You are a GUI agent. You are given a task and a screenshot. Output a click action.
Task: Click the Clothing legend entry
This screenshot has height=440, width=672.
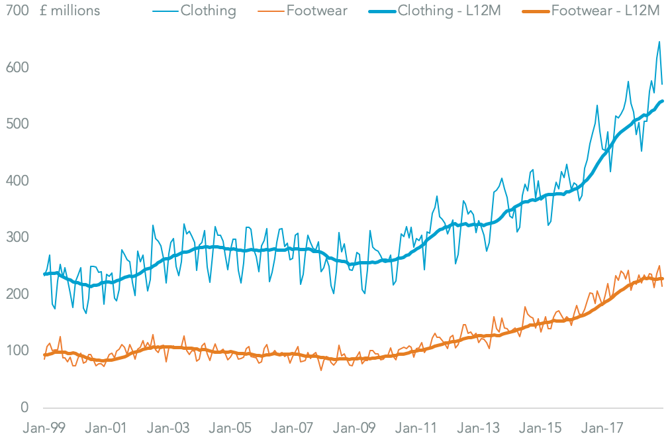click(x=208, y=11)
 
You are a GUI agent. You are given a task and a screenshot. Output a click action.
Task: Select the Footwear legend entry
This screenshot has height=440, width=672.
click(x=317, y=11)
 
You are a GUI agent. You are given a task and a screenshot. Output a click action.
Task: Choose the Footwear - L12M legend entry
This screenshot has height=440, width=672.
click(x=604, y=11)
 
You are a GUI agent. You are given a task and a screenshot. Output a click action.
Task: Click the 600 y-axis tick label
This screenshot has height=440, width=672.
click(x=19, y=68)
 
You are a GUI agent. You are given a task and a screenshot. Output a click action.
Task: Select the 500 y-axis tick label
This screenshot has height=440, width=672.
click(x=19, y=124)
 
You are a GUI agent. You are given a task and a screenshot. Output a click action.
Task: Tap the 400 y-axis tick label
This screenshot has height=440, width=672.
click(x=19, y=180)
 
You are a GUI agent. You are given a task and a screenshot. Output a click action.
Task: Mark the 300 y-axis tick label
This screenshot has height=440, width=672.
click(x=19, y=237)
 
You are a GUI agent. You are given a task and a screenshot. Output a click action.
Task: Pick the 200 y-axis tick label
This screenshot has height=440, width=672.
click(x=19, y=294)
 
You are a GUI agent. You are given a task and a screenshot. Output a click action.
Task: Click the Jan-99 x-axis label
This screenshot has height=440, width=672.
click(x=43, y=429)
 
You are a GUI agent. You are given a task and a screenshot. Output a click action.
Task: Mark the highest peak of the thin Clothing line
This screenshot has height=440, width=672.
click(x=659, y=42)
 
